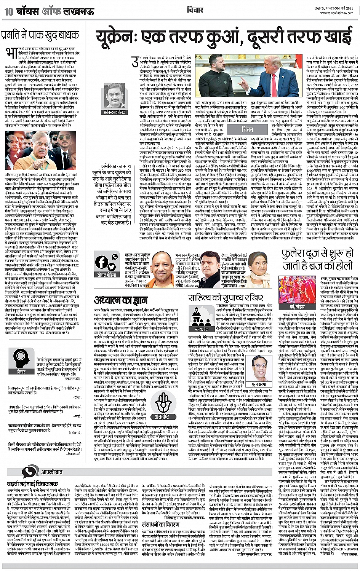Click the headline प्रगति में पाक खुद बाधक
(x=40, y=35)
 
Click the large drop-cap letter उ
(x=134, y=62)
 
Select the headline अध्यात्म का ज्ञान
(x=115, y=300)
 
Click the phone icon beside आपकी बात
(x=29, y=472)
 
